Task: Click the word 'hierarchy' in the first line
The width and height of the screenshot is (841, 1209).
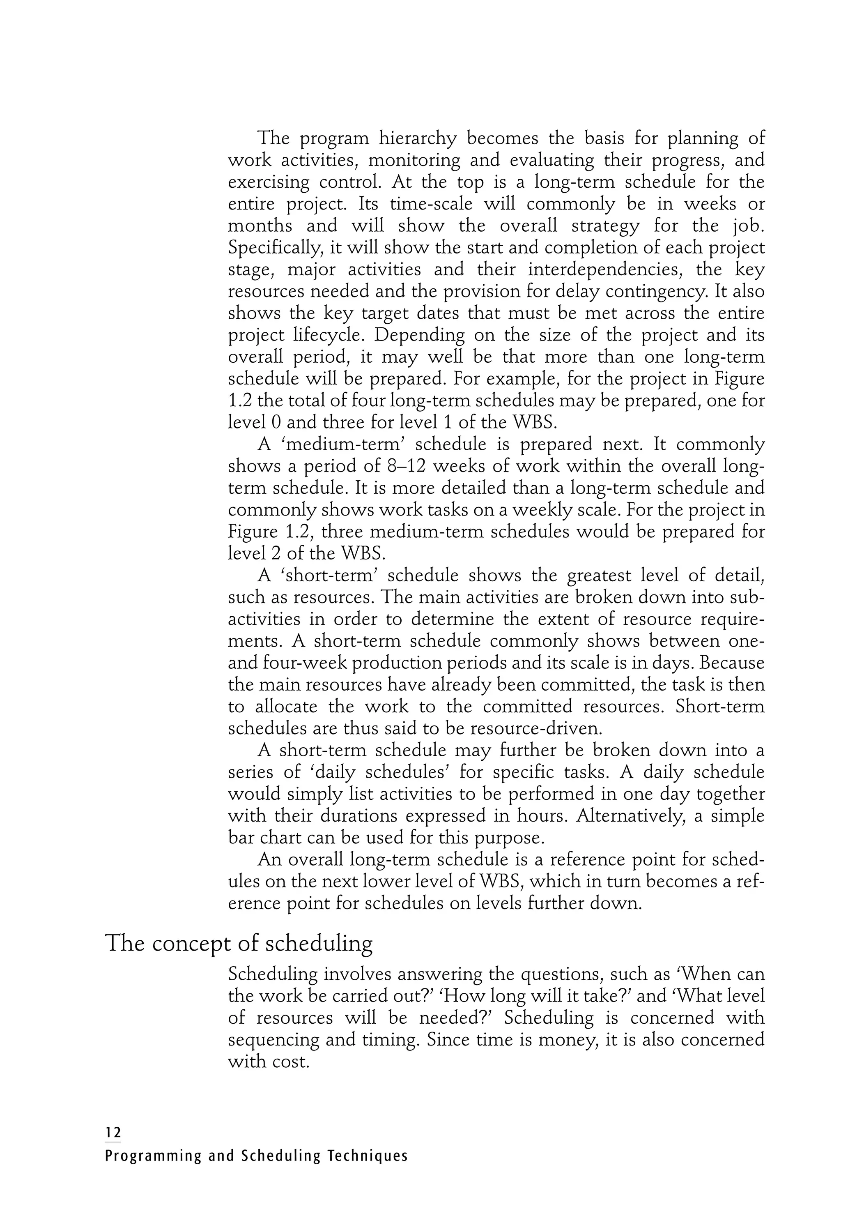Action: [418, 138]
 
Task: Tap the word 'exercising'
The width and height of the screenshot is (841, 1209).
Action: [269, 182]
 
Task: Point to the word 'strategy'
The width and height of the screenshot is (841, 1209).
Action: [569, 226]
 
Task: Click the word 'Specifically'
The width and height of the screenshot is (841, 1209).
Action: [276, 247]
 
